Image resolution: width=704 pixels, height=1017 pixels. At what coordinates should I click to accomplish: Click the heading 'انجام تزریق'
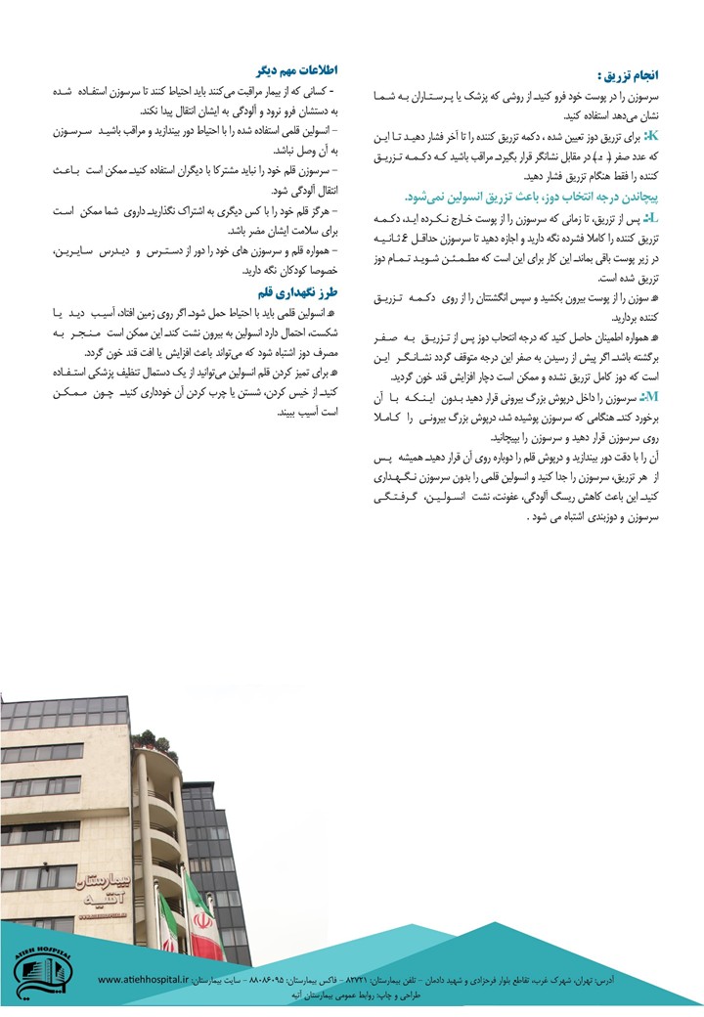(637, 74)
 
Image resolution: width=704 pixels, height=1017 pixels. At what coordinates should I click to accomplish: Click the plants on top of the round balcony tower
(145, 739)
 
